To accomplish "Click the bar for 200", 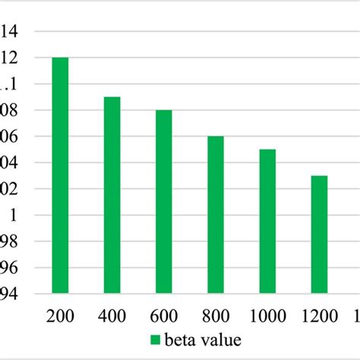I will coord(60,175).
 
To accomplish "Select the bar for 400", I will coord(112,194).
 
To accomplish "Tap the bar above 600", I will coord(163,201).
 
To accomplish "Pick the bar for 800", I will coord(216,214).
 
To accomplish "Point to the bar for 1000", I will coord(267,221).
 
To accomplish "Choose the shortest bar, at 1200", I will coord(319,234).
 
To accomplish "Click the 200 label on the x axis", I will coord(60,315).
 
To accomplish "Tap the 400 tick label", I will coord(112,315).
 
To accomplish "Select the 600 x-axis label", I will coord(163,315).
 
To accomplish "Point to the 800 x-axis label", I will coord(216,315).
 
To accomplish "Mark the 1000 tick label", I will coord(267,315).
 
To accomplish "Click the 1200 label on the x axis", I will coord(319,315).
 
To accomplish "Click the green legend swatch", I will coord(156,339).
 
